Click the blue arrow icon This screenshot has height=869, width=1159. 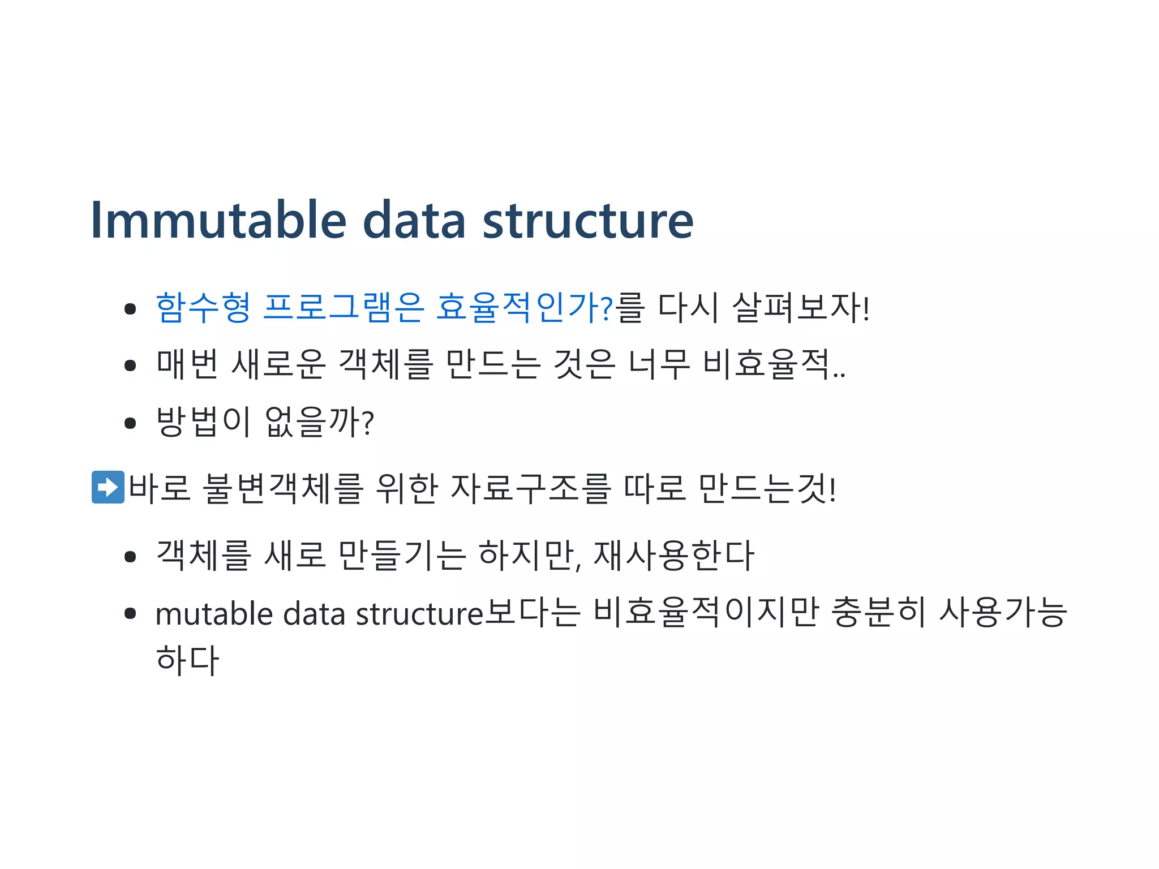point(108,487)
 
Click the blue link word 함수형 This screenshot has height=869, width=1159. point(203,308)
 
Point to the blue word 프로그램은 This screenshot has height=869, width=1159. point(344,308)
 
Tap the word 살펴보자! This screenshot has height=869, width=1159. point(800,308)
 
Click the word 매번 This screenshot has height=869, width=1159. point(187,365)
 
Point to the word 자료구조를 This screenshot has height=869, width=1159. point(531,488)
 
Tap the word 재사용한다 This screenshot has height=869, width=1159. point(673,556)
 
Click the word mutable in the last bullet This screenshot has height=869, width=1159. point(214,614)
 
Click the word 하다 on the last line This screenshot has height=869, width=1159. point(187,661)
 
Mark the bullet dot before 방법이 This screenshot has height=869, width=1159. point(130,423)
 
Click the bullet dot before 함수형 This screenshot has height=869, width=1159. point(130,309)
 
